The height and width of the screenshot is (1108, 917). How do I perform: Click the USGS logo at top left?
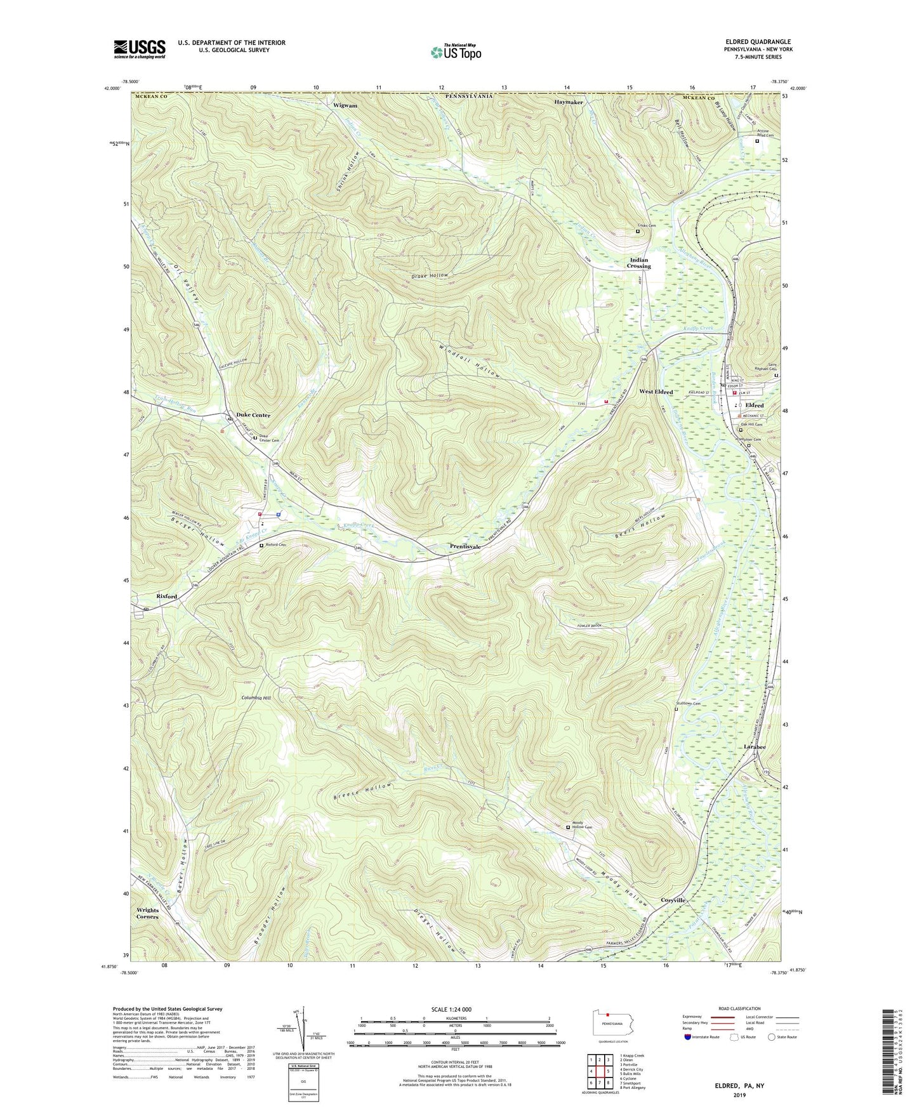(x=139, y=48)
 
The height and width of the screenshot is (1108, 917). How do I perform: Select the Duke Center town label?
(x=253, y=415)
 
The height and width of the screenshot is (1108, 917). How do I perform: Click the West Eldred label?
(x=656, y=392)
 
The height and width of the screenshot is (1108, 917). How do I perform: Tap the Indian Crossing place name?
(x=640, y=263)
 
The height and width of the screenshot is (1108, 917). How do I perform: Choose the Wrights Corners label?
(x=148, y=913)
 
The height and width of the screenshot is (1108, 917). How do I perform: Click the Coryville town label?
(x=673, y=900)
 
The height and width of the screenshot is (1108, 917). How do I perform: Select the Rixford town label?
(x=166, y=597)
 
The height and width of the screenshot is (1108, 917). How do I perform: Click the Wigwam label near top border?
(x=345, y=105)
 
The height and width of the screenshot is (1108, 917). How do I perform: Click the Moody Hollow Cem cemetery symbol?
(x=568, y=827)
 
